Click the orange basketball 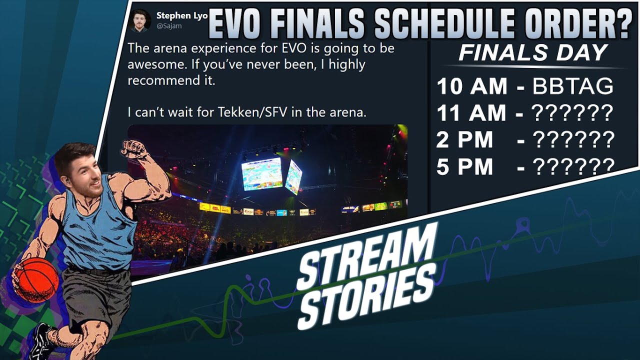[x=36, y=280]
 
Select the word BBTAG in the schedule [x=572, y=87]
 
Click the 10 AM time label [x=471, y=87]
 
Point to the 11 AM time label [x=471, y=113]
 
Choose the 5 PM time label [x=464, y=167]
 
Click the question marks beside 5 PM [x=573, y=167]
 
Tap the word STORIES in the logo [x=367, y=295]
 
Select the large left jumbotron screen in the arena [x=261, y=173]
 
